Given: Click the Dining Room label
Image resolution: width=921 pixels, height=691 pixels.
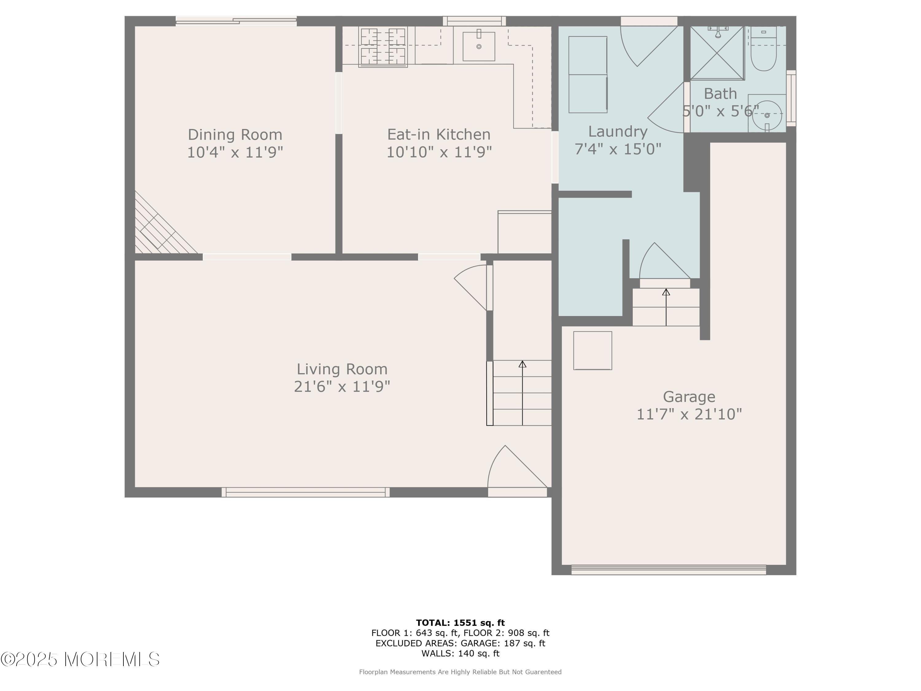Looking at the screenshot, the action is (x=235, y=135).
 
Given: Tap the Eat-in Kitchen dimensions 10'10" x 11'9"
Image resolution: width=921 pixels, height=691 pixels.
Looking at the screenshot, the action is (x=439, y=152).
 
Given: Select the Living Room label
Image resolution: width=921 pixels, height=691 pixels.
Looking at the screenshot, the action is (x=342, y=369).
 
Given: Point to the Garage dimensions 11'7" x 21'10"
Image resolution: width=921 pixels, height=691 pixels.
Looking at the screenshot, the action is (x=689, y=414).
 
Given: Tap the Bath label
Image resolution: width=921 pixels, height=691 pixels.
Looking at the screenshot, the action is (x=720, y=94).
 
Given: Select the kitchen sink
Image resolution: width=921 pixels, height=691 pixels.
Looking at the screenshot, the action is (x=479, y=46).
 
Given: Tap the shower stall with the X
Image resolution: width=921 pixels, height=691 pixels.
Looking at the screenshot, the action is (x=717, y=53).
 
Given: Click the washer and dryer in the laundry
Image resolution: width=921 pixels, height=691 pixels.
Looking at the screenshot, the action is (x=588, y=75).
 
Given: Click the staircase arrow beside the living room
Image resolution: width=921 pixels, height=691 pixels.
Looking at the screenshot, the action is (x=523, y=393).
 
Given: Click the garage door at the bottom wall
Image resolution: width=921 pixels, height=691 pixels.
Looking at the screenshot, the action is (x=668, y=569).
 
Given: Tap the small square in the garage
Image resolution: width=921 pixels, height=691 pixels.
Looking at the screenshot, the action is (x=593, y=350).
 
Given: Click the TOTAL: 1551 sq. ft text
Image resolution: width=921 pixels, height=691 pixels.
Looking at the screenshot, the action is (x=460, y=623).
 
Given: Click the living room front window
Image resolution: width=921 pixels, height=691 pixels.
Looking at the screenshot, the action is (x=305, y=492).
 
